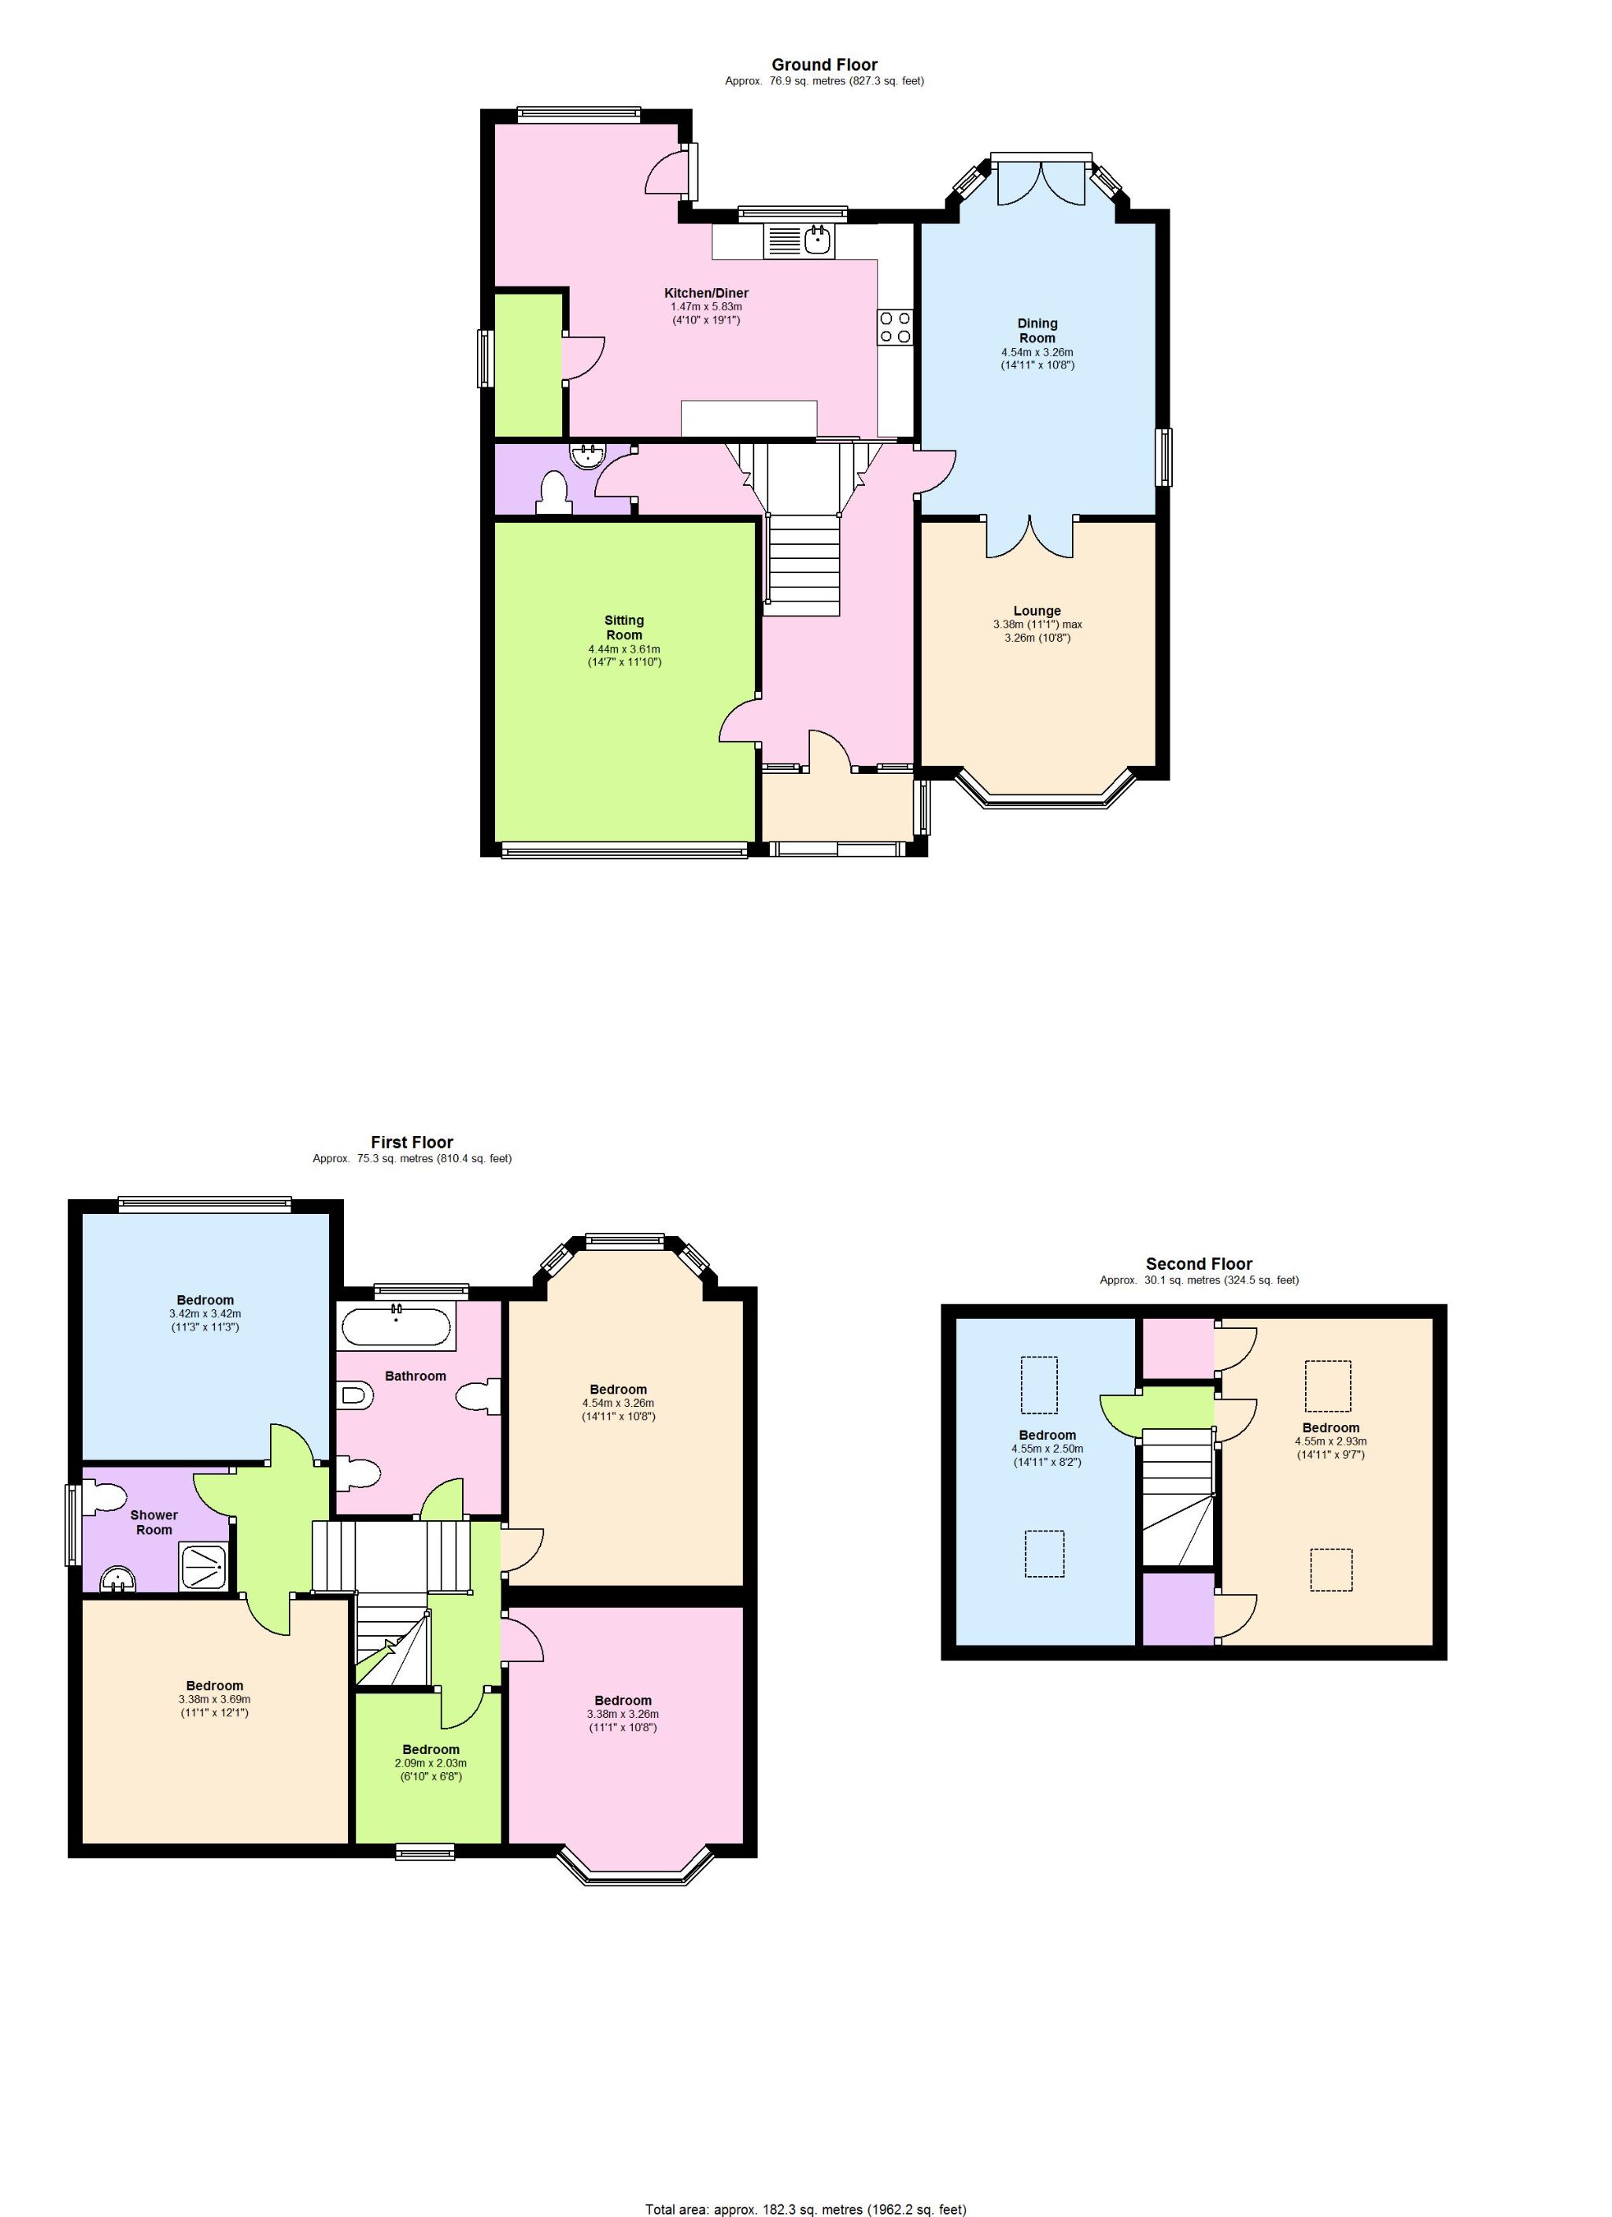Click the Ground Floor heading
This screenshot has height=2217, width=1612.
824,65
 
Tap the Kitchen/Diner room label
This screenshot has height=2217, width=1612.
706,293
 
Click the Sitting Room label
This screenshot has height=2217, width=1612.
623,627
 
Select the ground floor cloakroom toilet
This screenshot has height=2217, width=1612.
553,492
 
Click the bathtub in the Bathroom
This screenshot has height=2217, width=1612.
396,1328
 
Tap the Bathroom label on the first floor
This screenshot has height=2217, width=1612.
416,1376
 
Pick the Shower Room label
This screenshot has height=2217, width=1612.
154,1523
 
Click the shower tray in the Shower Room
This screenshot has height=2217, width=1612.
205,1568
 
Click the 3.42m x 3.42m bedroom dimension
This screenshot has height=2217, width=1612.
205,1314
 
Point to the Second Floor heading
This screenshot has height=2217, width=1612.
1199,1264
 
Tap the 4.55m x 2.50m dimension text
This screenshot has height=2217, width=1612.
1047,1449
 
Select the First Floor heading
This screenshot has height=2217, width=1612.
412,1142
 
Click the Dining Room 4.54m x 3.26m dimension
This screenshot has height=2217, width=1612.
1037,353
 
